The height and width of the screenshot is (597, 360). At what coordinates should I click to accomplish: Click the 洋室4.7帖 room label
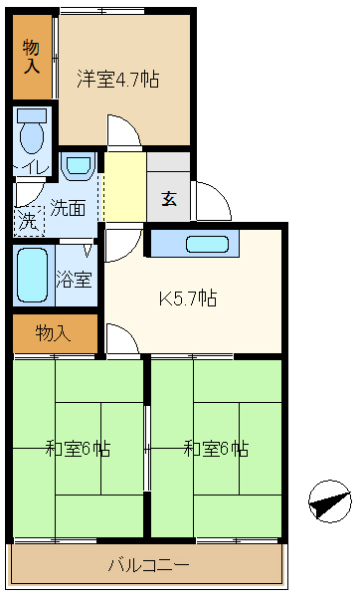[118, 79]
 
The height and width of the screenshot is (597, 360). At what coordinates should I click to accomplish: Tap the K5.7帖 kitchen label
[188, 298]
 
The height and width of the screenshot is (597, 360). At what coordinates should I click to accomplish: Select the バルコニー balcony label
[149, 564]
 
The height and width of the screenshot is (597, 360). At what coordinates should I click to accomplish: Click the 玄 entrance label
[169, 198]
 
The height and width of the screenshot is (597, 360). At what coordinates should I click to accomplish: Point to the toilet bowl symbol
[32, 131]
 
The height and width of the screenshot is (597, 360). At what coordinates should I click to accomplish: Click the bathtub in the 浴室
[33, 275]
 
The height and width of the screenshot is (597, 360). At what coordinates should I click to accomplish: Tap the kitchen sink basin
[208, 244]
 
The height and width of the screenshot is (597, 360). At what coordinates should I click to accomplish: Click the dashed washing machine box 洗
[30, 222]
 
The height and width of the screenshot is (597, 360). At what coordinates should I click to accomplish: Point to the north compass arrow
[330, 501]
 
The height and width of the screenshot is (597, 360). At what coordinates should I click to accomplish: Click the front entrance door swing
[213, 201]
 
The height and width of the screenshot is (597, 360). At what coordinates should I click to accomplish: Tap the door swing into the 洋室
[124, 129]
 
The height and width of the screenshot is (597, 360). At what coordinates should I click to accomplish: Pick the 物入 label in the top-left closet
[31, 57]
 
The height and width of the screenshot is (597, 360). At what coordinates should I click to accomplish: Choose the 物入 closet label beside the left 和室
[53, 333]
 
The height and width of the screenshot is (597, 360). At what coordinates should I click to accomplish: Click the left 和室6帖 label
[78, 448]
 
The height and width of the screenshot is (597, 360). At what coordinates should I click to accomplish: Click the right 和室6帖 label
[216, 448]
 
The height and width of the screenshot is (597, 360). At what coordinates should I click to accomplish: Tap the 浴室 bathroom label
[75, 279]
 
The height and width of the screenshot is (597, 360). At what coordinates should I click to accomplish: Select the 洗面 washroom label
[68, 208]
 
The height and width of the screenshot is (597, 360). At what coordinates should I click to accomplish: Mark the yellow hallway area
[125, 187]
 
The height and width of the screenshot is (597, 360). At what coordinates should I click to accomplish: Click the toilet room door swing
[28, 193]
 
